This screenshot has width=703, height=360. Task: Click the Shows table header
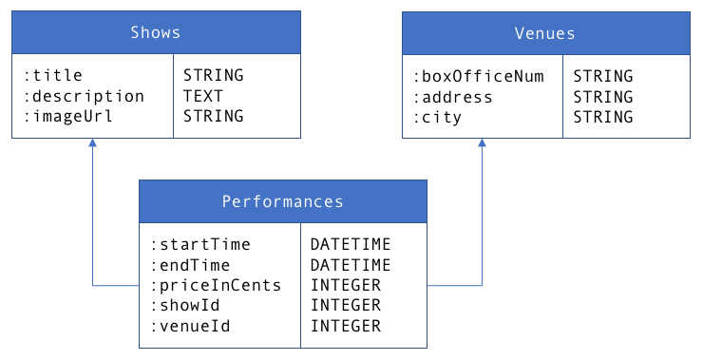pyautogui.click(x=156, y=33)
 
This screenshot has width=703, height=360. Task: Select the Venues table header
pyautogui.click(x=545, y=33)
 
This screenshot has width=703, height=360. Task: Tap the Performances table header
pyautogui.click(x=282, y=201)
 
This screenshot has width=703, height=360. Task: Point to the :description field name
pyautogui.click(x=85, y=96)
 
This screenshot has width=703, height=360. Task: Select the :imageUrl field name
pyautogui.click(x=69, y=117)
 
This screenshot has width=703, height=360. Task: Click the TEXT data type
pyautogui.click(x=203, y=96)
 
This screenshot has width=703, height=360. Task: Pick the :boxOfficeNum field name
pyautogui.click(x=479, y=76)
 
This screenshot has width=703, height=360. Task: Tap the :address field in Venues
pyautogui.click(x=453, y=97)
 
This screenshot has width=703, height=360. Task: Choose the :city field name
pyautogui.click(x=438, y=118)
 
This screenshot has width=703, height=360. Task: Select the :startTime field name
pyautogui.click(x=200, y=244)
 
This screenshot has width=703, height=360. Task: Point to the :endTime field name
pyautogui.click(x=191, y=265)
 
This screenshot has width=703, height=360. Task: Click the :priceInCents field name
pyautogui.click(x=216, y=285)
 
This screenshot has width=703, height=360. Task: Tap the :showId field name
pyautogui.click(x=186, y=305)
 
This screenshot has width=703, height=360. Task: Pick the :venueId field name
pyautogui.click(x=191, y=326)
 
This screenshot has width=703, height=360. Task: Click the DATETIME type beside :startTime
pyautogui.click(x=351, y=244)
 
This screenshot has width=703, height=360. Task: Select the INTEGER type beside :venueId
pyautogui.click(x=346, y=326)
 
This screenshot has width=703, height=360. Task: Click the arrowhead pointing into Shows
pyautogui.click(x=92, y=143)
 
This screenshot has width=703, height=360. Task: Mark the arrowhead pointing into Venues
pyautogui.click(x=482, y=143)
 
